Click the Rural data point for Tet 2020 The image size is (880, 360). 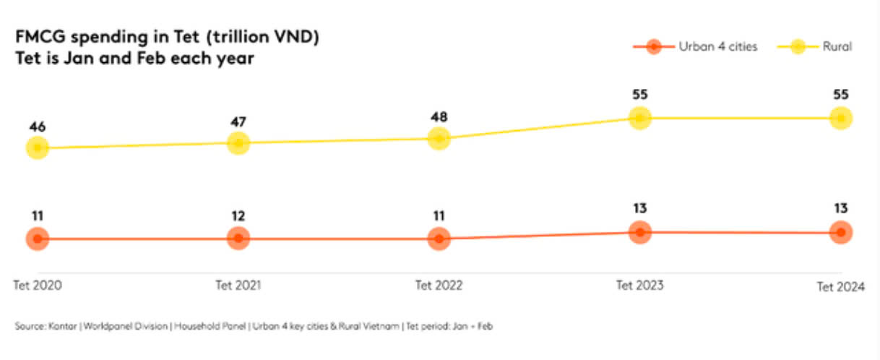point(38,148)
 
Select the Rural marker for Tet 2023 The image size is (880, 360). point(639,118)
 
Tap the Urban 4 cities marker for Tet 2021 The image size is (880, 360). point(238,238)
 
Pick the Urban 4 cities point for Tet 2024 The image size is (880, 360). point(840,233)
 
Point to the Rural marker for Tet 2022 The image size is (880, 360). point(439,138)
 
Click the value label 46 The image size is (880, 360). point(38,127)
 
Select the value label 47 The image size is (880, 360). point(238,121)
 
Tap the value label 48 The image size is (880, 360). point(439,116)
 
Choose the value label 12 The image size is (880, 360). point(238,215)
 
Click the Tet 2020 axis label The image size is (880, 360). point(38,285)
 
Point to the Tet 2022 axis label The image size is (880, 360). point(439,285)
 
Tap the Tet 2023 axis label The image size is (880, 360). point(639,285)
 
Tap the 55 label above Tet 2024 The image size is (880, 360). point(840,95)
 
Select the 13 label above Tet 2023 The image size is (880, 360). point(639,209)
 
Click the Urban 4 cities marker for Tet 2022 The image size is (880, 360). point(439,238)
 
